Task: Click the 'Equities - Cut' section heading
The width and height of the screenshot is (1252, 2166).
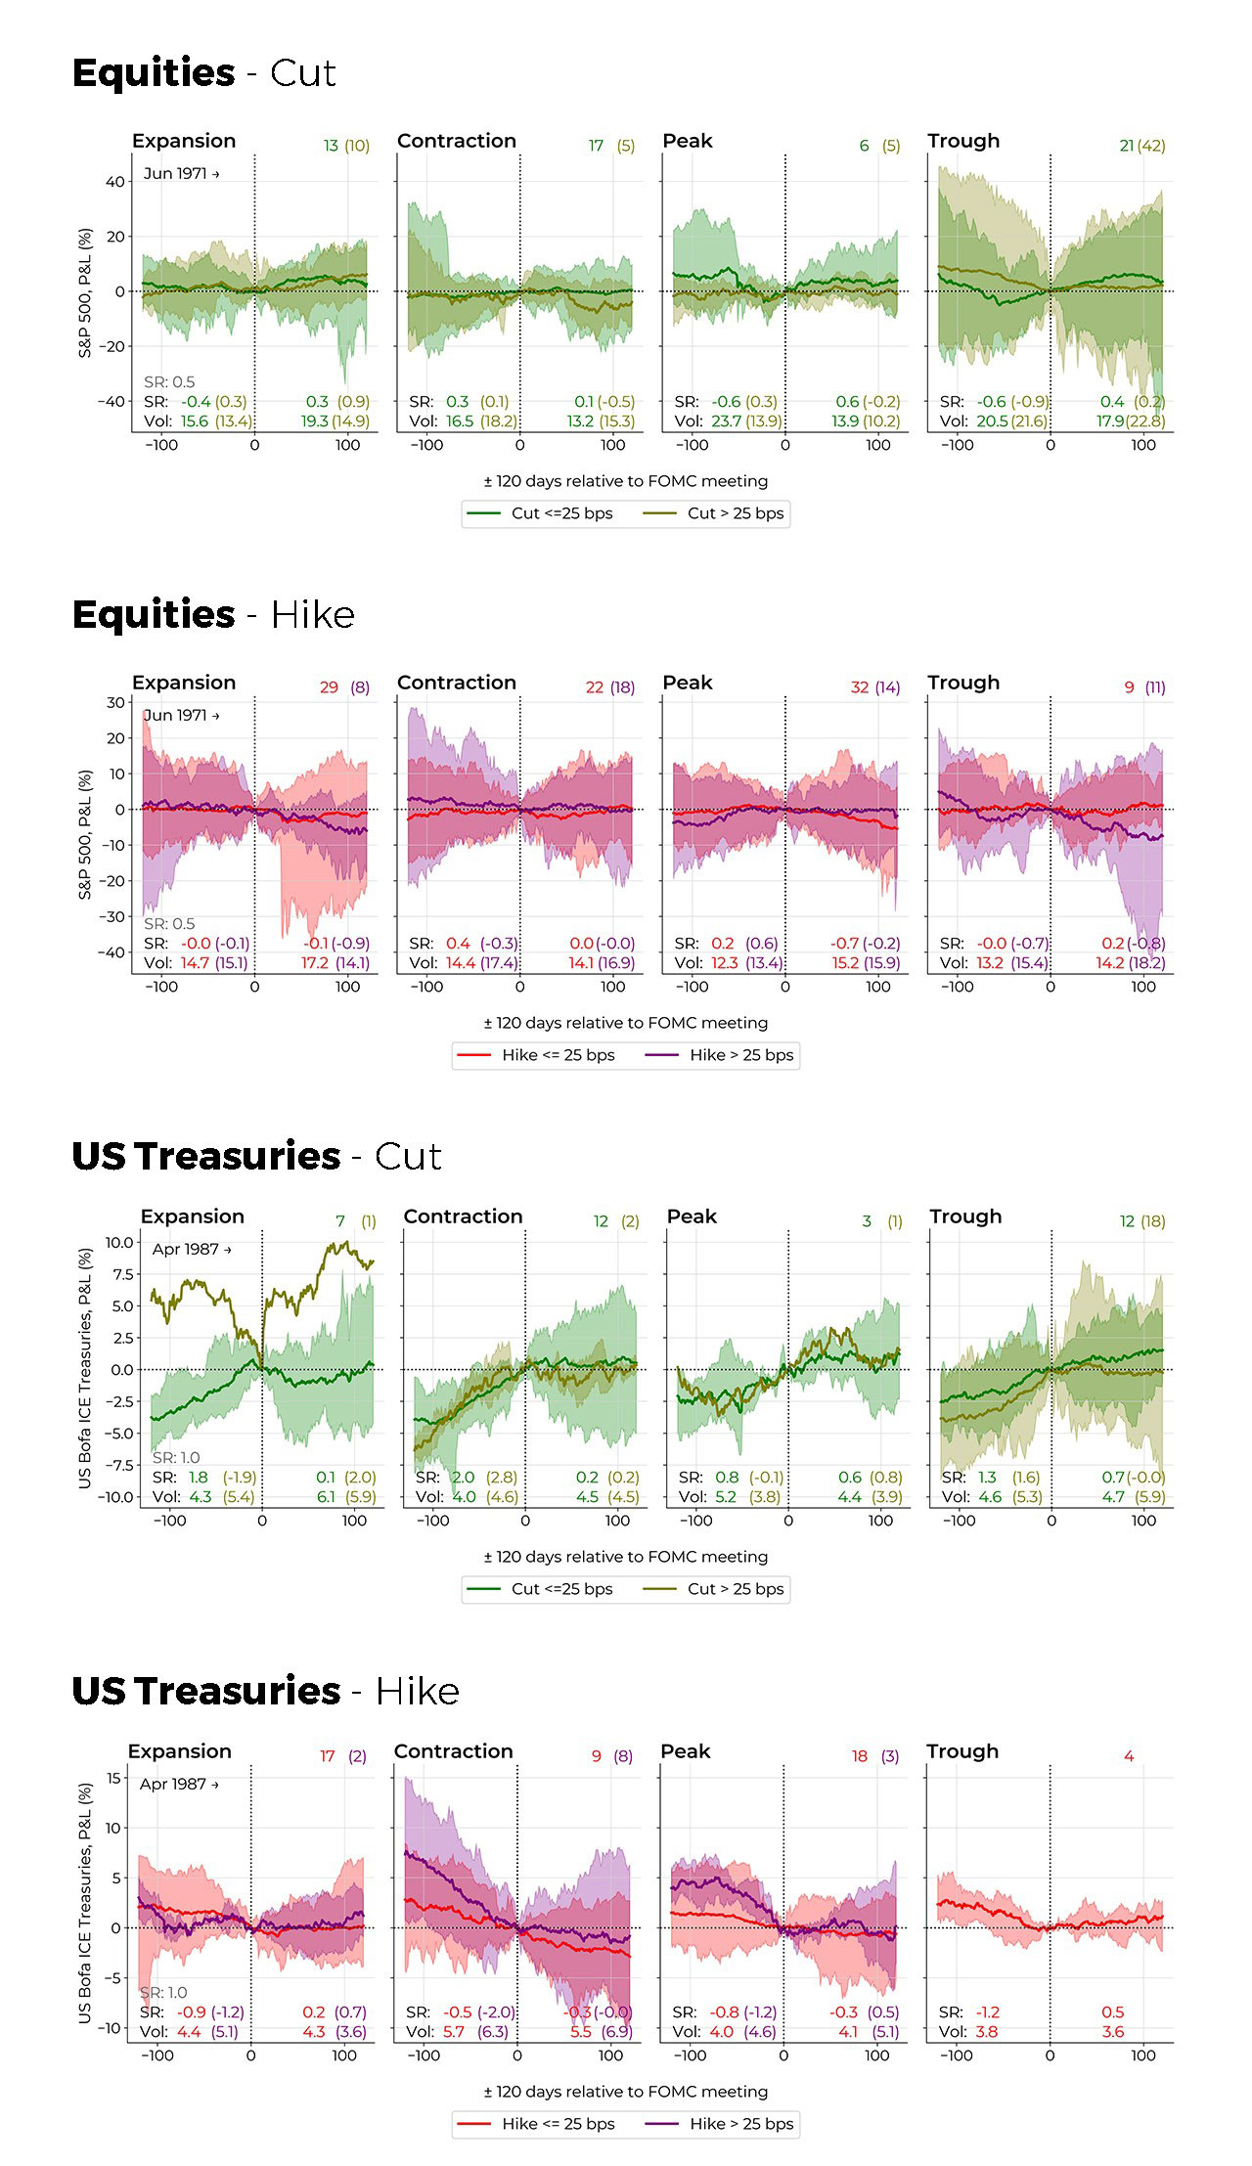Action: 203,73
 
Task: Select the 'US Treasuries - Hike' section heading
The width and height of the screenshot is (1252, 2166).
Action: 265,1691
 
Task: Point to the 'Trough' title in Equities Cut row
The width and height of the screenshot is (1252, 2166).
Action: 963,141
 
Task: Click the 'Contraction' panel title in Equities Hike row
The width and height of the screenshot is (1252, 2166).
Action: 457,683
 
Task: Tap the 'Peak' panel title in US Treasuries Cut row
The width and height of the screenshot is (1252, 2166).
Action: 692,1216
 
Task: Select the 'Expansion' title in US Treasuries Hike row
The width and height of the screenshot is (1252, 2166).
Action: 180,1751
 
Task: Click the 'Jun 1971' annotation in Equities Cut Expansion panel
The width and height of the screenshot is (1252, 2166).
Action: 181,173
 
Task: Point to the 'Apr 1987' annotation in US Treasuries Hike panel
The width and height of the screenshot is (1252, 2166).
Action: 178,1784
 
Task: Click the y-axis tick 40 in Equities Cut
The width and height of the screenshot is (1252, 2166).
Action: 115,182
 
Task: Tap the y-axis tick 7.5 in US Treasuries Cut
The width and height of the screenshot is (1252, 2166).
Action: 121,1274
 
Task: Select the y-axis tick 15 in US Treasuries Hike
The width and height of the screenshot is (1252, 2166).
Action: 113,1778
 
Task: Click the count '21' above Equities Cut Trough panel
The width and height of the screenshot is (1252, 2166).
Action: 1127,146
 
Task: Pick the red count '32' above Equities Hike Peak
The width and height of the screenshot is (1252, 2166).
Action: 860,687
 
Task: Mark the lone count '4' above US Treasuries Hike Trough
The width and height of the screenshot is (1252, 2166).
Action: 1129,1756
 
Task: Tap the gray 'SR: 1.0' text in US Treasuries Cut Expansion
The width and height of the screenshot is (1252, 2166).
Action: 176,1457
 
